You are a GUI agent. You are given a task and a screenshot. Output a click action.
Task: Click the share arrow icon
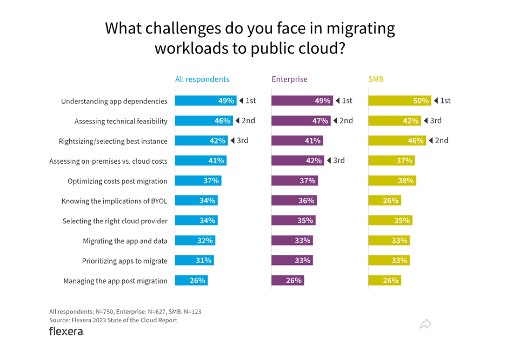425,324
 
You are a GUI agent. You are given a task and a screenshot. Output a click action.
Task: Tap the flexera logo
66,331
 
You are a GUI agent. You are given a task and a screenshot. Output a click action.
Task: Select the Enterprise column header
289,79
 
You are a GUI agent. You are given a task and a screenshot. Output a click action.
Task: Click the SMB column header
376,79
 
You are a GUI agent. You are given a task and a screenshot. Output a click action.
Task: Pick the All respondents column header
202,79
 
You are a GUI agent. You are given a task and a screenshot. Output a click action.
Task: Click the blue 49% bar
205,101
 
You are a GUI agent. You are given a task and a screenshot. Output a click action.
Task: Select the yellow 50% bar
400,101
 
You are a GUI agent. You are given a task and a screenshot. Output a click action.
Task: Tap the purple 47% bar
301,121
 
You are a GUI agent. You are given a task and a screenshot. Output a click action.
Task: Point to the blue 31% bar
194,261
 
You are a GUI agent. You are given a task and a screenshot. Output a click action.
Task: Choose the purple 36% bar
294,201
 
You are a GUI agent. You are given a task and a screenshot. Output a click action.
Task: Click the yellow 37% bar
391,161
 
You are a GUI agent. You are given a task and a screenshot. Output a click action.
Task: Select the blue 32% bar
195,241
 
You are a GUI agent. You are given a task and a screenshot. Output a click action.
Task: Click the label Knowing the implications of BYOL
114,201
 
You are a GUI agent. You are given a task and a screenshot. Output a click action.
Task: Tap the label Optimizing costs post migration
117,181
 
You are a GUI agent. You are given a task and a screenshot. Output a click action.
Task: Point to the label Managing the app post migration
115,281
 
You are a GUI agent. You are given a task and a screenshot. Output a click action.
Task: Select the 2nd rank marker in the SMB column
438,141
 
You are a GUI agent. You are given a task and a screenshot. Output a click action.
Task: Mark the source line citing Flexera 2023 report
113,320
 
